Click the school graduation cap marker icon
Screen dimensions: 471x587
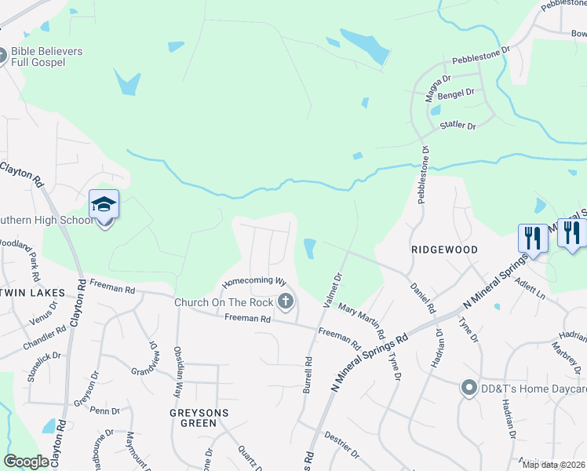104,205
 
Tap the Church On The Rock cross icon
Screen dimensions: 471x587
286,301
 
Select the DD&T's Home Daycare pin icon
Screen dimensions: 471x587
469,388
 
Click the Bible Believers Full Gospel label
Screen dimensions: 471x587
46,57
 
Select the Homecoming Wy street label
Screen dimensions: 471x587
253,280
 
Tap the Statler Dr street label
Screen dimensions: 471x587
461,126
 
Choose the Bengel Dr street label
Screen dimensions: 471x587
458,93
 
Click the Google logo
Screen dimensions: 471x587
26,462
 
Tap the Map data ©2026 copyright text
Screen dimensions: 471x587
553,465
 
